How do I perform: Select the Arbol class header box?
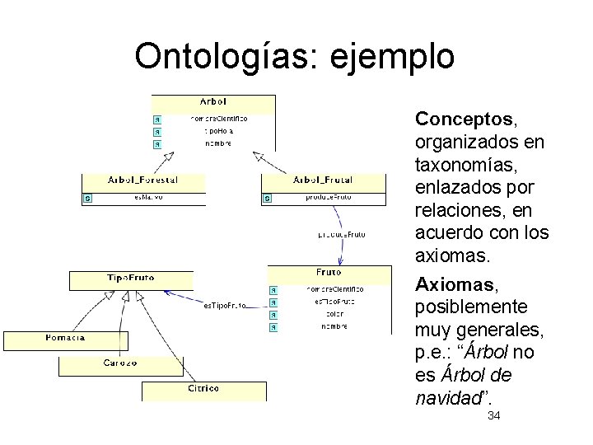tap(213, 101)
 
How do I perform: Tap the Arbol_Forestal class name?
tap(142, 180)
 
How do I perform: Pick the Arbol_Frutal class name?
tap(323, 180)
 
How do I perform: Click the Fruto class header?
tap(329, 272)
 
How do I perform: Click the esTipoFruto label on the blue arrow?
tap(225, 306)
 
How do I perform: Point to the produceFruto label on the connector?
tap(341, 235)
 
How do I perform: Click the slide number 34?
tap(494, 415)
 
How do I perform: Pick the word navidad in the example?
tap(448, 398)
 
